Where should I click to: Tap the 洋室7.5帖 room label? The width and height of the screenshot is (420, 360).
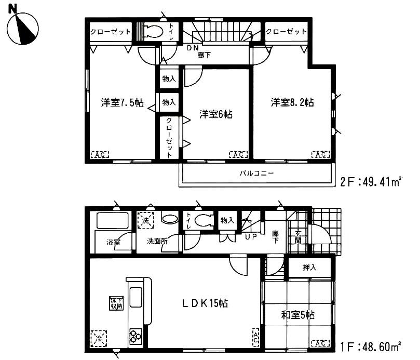pos(123,102)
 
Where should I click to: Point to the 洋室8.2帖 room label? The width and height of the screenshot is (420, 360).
pos(292,102)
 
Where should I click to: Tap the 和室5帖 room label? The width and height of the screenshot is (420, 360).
pos(297,314)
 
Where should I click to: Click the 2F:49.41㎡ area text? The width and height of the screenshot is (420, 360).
pos(371,182)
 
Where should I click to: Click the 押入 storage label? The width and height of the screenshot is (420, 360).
pos(309,268)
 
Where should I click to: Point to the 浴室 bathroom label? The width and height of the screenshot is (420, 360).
pos(113,242)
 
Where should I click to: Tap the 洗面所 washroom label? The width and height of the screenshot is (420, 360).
pos(157,242)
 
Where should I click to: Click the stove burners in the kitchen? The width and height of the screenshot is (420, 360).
pos(137,336)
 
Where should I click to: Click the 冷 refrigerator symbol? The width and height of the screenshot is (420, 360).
pos(97,338)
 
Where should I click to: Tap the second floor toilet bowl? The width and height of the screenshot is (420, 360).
pos(152,32)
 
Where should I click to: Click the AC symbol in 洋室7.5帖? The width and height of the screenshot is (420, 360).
pos(101,154)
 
